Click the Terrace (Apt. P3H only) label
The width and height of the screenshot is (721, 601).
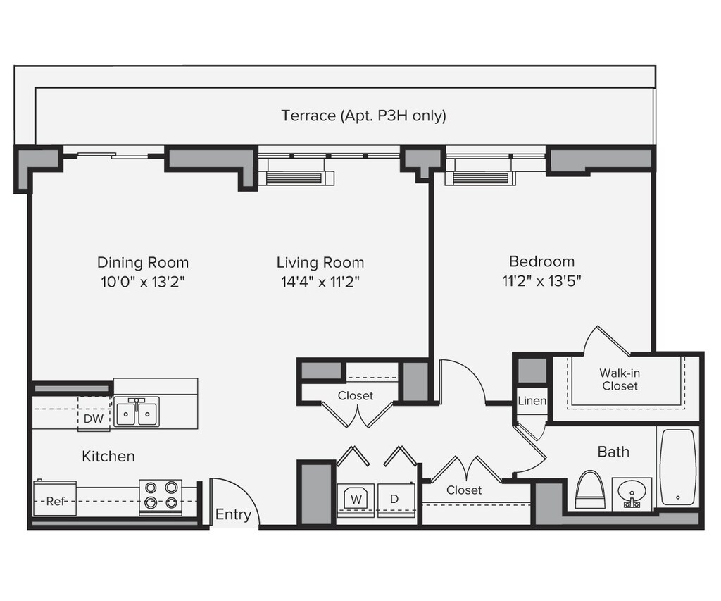(x=364, y=116)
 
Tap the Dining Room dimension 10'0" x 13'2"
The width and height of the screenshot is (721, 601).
(x=143, y=282)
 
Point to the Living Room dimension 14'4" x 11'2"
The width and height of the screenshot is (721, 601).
(x=320, y=282)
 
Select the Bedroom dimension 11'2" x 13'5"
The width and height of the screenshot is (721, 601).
(x=542, y=280)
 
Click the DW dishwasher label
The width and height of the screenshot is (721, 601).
(x=94, y=419)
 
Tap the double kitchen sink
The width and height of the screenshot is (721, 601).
(x=137, y=412)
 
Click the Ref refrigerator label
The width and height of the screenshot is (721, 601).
(x=55, y=501)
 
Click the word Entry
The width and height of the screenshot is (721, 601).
(x=234, y=514)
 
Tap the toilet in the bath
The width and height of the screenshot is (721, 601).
(x=591, y=490)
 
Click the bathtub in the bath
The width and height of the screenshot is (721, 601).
(x=678, y=468)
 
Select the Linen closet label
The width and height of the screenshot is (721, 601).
(x=532, y=401)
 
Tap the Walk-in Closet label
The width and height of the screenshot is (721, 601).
(x=620, y=380)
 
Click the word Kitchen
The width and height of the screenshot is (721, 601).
(x=108, y=457)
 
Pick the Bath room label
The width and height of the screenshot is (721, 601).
(x=613, y=452)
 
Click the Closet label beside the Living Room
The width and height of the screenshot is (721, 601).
(x=356, y=396)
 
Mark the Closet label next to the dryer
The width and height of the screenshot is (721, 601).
(x=464, y=490)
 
